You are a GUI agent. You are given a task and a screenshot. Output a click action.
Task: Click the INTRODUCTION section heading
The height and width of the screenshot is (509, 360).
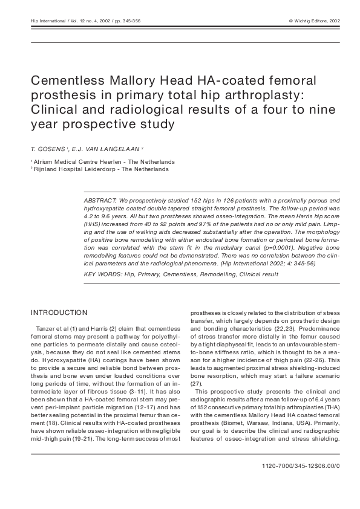pos(59,313)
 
